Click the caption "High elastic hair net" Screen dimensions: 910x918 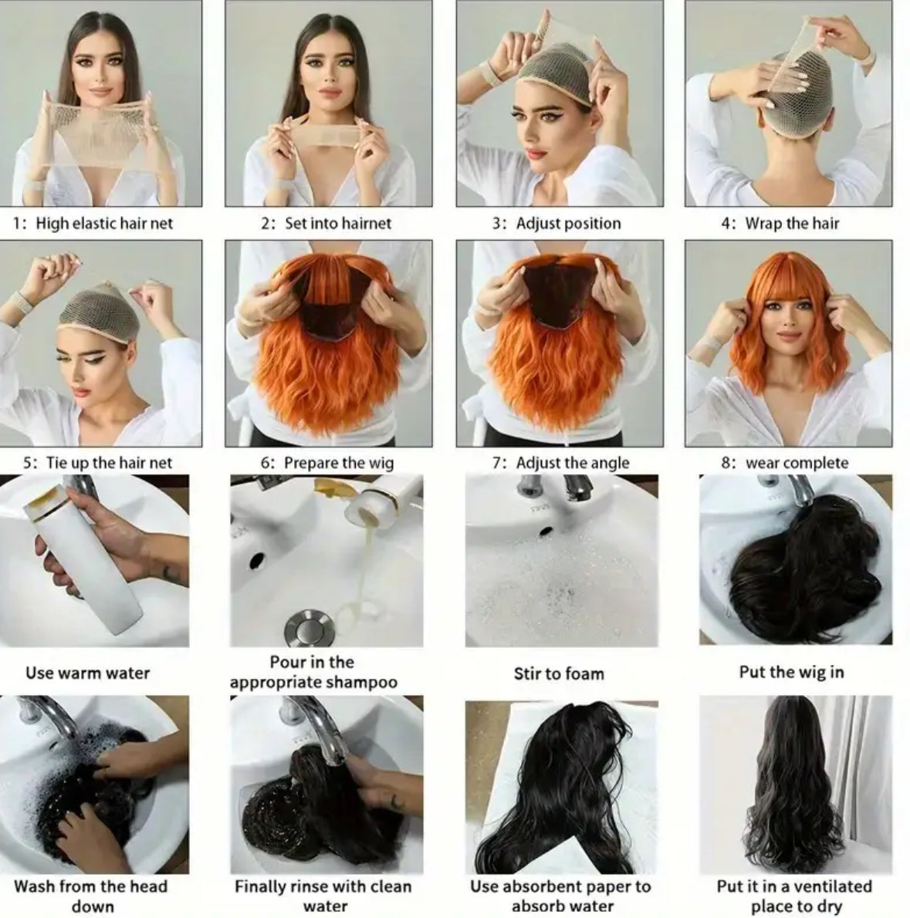pos(104,223)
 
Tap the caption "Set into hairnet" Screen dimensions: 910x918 pos(338,223)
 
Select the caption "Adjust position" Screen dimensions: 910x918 pos(568,223)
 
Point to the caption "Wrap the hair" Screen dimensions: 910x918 pos(792,223)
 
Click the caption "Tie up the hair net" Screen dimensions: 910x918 pos(109,463)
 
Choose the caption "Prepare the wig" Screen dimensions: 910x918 pos(339,463)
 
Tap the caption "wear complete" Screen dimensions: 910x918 pos(797,463)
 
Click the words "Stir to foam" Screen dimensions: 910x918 pos(559,674)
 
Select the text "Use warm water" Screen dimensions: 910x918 pos(88,673)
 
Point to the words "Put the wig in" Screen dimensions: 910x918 pos(791,672)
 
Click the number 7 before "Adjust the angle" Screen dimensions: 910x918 pos(498,463)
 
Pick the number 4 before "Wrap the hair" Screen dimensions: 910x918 pos(727,223)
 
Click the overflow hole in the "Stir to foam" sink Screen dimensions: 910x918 pos(546,532)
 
